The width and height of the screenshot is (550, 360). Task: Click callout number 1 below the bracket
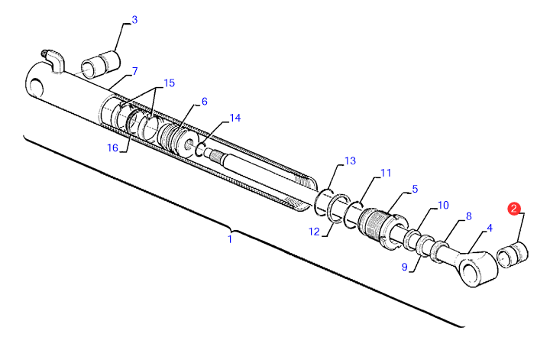pos(229,239)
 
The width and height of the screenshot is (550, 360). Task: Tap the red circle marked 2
pos(515,208)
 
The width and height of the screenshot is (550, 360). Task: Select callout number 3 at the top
pos(134,20)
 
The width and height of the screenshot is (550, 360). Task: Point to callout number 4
pos(489,227)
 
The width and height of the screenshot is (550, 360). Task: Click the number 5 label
pos(415,189)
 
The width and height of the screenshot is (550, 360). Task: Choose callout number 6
pos(204,102)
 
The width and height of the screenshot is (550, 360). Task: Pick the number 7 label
pos(134,71)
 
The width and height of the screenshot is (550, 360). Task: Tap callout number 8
pos(468,217)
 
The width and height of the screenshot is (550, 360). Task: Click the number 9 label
pos(405,267)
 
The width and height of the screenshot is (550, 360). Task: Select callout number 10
pos(443,206)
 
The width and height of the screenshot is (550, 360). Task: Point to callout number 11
pos(386,173)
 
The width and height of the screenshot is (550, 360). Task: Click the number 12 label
pos(313,232)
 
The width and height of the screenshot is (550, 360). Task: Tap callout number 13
pos(350,161)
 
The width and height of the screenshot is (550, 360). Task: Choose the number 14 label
pos(235,118)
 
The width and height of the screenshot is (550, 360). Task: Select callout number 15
pos(169,83)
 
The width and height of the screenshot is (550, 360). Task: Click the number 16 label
pos(113,148)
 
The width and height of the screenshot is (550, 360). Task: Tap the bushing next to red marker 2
pos(513,255)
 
